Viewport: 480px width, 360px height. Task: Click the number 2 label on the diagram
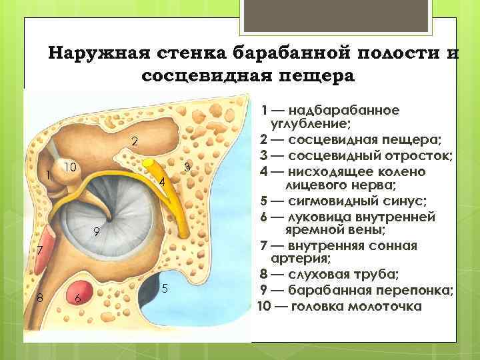135,142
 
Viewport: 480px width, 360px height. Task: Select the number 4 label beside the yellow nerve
162,182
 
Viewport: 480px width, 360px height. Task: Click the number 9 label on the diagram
97,231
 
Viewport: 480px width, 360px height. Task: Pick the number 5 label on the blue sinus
165,288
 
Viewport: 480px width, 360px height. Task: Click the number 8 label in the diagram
40,298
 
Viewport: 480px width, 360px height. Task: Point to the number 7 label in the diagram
40,251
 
